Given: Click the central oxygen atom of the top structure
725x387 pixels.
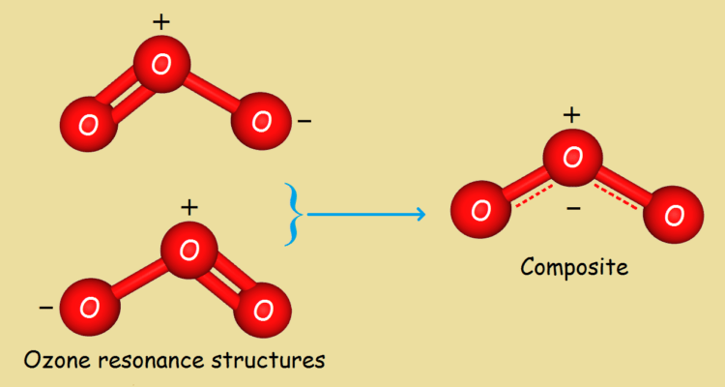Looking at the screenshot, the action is pos(161,64).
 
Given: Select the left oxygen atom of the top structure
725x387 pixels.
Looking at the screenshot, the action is pos(88,124).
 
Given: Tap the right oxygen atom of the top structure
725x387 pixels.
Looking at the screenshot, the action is pos(262,121).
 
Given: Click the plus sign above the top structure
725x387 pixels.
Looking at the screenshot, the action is pos(161,21).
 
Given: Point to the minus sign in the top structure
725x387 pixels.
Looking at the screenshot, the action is pos(304,121).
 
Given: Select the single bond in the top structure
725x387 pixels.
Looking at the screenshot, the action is pos(211,92).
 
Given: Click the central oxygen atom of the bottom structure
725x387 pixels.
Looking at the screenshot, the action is pos(189,250).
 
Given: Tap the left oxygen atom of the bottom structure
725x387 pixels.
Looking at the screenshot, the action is pos(90,307).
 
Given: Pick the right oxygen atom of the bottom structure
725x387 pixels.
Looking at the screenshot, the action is pos(262,310).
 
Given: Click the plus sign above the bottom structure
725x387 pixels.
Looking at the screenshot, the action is pos(189,207).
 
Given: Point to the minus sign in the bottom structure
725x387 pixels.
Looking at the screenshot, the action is pos(45,307).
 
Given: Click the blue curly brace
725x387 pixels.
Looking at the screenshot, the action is pos(294,214).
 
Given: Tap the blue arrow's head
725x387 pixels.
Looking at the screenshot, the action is pos(420,214).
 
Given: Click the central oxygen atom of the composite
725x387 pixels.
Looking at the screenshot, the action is pos(572,158).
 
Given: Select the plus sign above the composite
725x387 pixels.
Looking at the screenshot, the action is pos(572,115).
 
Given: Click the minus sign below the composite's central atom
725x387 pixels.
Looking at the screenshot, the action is pos(573,209).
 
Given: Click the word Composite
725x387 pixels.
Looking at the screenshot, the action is pos(574,267).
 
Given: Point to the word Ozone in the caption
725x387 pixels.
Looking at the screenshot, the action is pos(52,360).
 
